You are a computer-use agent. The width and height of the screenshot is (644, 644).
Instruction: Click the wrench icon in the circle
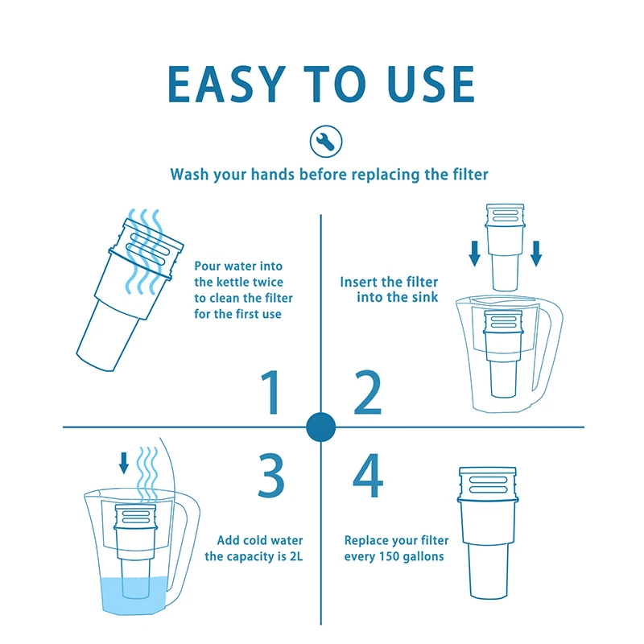point(326,142)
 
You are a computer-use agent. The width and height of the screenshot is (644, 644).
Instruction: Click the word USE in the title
point(431,85)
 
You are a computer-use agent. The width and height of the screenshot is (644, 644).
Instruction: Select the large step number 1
point(271,392)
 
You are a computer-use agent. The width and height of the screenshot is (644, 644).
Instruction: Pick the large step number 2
point(368,392)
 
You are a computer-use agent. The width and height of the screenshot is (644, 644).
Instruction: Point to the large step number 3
point(271,475)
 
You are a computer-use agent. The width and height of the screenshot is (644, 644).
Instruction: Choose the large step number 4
point(368,475)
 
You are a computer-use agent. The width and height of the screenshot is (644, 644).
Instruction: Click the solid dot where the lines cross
point(320,427)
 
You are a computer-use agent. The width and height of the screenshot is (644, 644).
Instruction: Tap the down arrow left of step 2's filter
point(475,254)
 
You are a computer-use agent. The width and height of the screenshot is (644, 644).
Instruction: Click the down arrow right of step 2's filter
point(536,254)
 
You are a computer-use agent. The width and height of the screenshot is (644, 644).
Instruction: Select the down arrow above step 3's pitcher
point(124,463)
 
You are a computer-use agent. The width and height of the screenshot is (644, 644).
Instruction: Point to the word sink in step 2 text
point(425,297)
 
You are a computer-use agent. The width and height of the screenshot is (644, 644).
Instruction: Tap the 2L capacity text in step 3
point(295,556)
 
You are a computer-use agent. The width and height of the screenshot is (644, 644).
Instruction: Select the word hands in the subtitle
point(273,174)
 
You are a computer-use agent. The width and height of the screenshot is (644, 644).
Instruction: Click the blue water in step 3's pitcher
point(134,596)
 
